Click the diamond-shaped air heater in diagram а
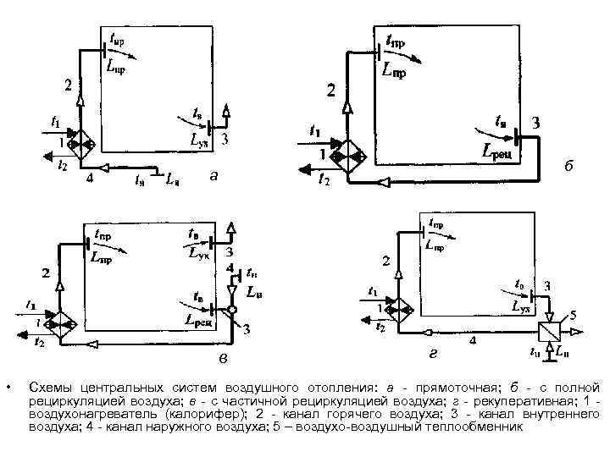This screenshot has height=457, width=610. point(81,145)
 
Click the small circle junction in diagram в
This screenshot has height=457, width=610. point(231,311)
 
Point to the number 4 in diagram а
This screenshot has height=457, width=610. point(90,179)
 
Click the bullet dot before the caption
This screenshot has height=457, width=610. point(7,388)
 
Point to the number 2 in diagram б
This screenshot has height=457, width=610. point(331,90)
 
